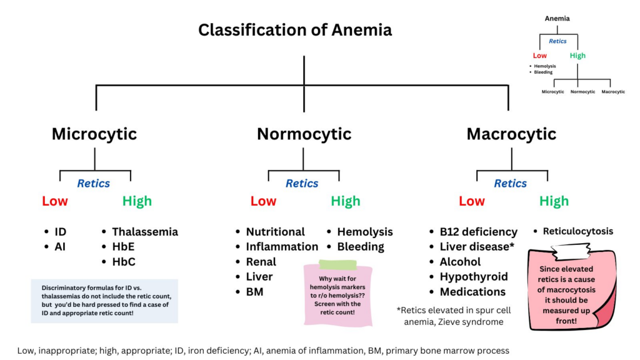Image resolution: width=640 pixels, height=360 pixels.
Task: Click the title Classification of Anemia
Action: coord(295,29)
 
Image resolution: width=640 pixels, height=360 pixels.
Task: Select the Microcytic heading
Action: coord(94,134)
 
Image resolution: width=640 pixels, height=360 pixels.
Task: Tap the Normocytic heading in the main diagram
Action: coord(304,134)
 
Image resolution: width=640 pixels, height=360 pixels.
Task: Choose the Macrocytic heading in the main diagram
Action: coord(511,134)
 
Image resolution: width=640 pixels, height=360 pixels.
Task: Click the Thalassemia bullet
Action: coord(144,232)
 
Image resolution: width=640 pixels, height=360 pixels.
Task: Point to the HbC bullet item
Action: coord(123,262)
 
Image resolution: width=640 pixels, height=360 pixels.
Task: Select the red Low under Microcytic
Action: coord(55,201)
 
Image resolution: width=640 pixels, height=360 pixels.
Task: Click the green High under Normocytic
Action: coord(345,201)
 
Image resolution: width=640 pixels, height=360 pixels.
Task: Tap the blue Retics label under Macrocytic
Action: coord(510,184)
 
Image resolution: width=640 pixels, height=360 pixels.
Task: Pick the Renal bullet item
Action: coord(261,262)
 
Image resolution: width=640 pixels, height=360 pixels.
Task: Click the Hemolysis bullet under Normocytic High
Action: coord(364,232)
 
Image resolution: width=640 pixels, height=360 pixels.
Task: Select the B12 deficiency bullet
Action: coord(478,232)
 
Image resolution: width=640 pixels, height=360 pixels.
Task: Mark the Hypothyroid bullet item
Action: coord(473,277)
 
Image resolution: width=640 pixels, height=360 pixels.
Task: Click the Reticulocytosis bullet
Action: coord(577,231)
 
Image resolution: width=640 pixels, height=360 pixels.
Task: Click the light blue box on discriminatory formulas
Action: coord(104,301)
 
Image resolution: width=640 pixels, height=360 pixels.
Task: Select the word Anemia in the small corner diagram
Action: coord(557,19)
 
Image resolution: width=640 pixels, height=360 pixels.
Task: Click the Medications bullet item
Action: coord(472,292)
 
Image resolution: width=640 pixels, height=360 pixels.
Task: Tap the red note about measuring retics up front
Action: coord(568,289)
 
